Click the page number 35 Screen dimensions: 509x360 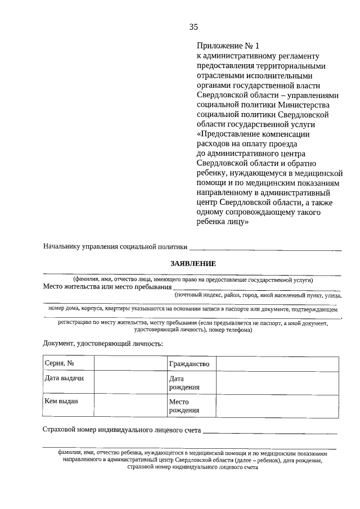193,26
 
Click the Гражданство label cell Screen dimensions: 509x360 191,364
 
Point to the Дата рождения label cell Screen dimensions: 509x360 191,383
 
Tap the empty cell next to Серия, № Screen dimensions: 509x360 130,364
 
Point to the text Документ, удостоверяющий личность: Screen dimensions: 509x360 103,343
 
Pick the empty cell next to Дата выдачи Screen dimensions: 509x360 130,383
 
